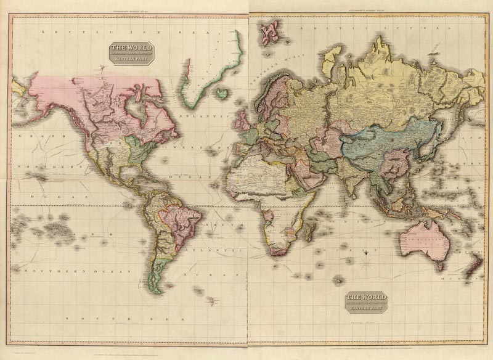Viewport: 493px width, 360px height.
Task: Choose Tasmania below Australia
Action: [438, 266]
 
